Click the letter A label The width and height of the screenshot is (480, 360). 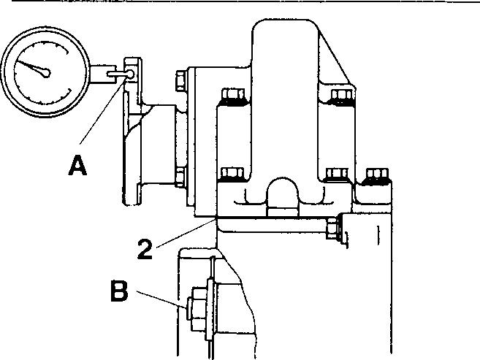78,167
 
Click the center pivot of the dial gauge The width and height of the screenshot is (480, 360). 46,72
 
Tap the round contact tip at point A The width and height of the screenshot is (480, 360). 129,74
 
